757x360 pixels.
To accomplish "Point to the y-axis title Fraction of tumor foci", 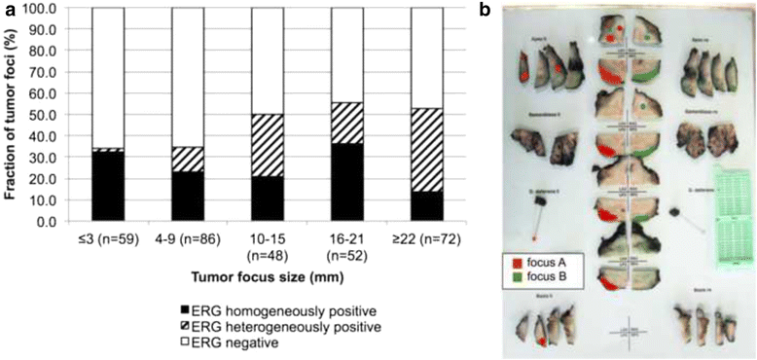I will point(10,115).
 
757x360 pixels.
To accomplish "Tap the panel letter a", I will point(7,9).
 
